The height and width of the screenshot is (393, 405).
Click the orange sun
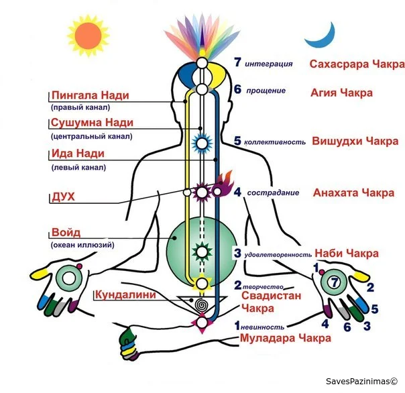point(89,36)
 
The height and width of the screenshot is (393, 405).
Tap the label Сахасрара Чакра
point(357,64)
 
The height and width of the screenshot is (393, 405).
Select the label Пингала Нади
point(90,95)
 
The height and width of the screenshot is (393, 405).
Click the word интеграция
point(269,64)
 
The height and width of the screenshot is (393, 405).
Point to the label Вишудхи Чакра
point(355,142)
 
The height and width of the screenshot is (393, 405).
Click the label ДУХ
point(63,197)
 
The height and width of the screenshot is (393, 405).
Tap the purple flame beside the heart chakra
point(222,184)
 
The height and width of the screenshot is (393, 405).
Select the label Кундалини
point(125,295)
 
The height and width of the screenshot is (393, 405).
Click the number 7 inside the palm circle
point(335,282)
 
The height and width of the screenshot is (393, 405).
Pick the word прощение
point(266,91)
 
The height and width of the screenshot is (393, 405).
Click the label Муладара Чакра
point(286,338)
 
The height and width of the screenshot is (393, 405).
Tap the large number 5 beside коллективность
point(237,141)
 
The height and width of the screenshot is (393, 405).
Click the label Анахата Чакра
point(353,193)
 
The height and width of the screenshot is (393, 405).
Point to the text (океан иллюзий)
point(82,245)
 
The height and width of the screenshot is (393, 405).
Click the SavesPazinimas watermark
point(361,382)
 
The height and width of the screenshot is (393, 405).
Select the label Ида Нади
point(78,154)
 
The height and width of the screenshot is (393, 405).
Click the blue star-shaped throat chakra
point(202,143)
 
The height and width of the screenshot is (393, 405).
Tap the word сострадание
point(273,192)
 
